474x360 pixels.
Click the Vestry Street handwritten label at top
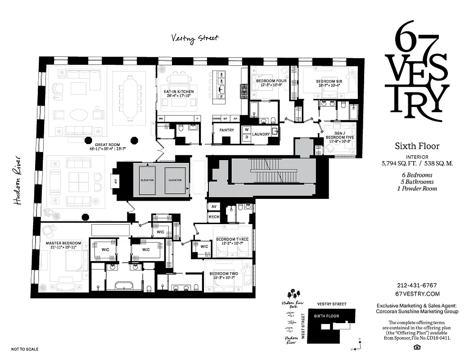(x=195, y=38)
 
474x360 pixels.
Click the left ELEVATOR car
(x=147, y=180)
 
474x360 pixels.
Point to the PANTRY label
(x=226, y=130)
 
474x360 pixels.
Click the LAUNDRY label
(x=261, y=134)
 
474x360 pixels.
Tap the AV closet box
(x=213, y=207)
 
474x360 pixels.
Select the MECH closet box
(x=213, y=217)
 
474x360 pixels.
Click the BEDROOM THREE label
(x=230, y=239)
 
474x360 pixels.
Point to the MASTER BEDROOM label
(x=63, y=243)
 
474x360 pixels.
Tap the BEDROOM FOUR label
(x=268, y=81)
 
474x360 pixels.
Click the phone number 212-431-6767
(x=417, y=285)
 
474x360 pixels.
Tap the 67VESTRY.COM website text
(x=417, y=293)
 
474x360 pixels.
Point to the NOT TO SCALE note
(x=25, y=349)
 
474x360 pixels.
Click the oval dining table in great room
(x=129, y=99)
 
